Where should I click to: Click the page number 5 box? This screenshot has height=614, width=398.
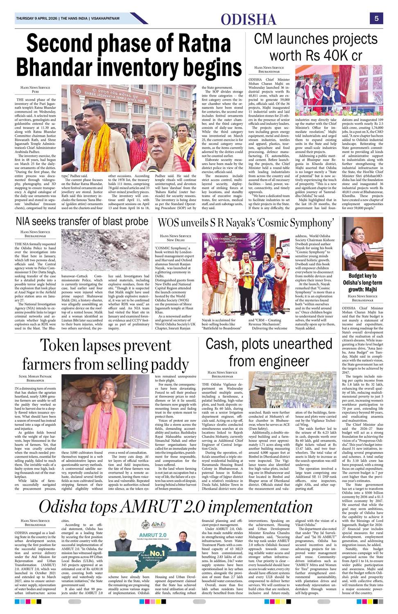(x=376, y=18)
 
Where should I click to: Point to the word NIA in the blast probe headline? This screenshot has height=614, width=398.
(x=26, y=221)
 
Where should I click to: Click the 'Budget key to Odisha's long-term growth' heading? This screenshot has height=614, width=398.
(x=362, y=282)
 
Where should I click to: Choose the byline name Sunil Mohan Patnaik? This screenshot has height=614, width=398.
(x=36, y=376)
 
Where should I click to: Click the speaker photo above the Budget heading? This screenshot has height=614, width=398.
(x=362, y=243)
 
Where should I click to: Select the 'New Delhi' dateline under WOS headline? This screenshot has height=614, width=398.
(x=176, y=240)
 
